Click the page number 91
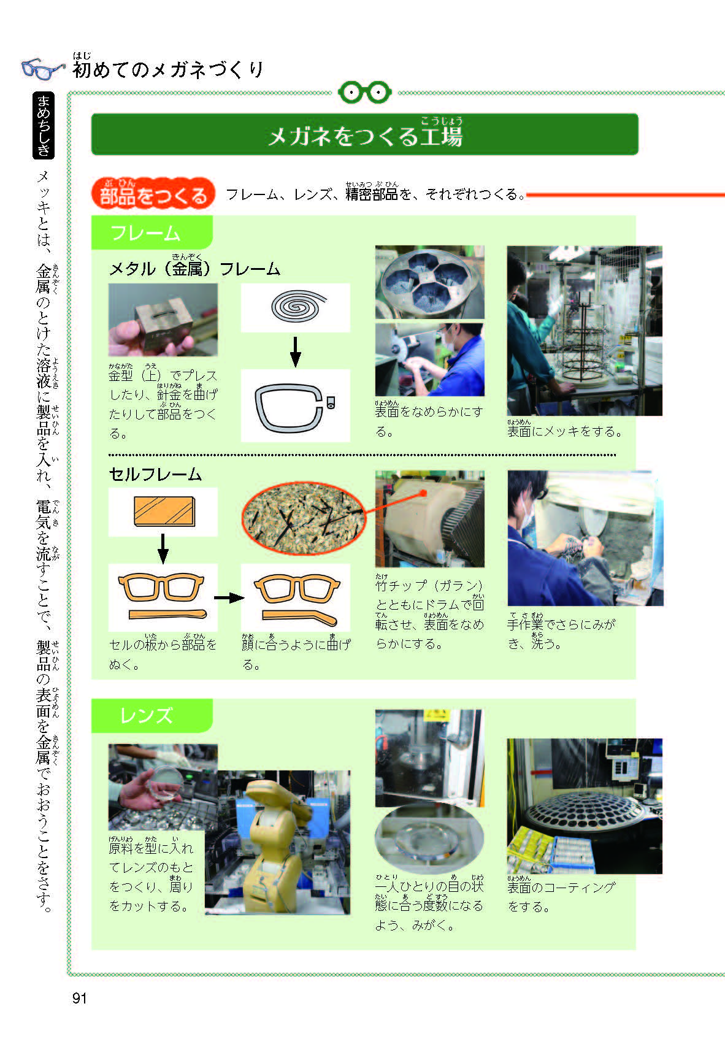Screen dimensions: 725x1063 (x=80, y=998)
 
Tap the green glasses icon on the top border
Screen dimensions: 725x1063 (x=365, y=93)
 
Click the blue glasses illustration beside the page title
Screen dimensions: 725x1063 (x=43, y=69)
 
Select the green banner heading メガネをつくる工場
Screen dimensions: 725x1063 (x=365, y=134)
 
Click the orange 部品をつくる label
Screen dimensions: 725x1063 (x=153, y=194)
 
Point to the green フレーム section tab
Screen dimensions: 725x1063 (x=152, y=233)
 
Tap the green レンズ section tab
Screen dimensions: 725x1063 (x=152, y=716)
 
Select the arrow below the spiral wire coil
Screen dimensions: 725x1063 (x=296, y=351)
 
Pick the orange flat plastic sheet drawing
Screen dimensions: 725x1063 (x=164, y=512)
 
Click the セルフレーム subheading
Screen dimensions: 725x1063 (x=155, y=474)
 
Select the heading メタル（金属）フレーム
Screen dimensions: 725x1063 (x=194, y=269)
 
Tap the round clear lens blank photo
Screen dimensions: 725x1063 (x=429, y=841)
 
